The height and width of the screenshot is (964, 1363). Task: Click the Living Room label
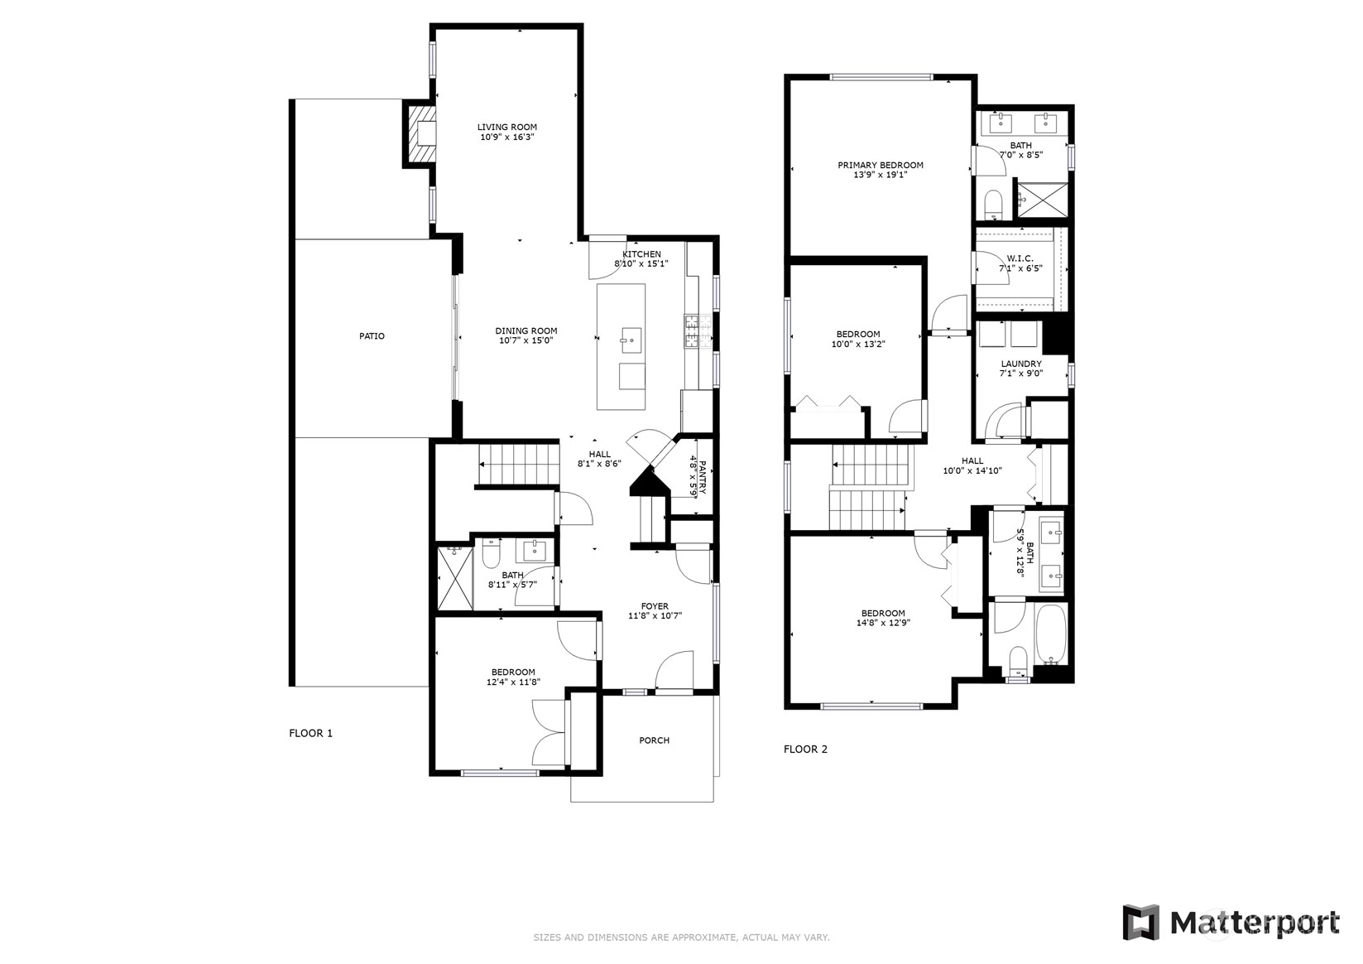point(506,128)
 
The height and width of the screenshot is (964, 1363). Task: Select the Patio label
point(372,336)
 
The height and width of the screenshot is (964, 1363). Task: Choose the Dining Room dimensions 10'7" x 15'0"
point(526,341)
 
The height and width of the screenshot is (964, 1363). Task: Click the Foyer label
point(655,606)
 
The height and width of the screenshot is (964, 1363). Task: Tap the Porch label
point(654,740)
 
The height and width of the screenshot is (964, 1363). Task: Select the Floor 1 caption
point(311,733)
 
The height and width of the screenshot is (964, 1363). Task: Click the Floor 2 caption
point(805,749)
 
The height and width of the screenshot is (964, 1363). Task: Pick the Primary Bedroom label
point(881,165)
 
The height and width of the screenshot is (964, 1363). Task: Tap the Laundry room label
point(1021,364)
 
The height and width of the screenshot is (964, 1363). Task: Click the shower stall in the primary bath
point(1044,199)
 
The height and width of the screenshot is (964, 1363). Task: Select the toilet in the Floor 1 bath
point(491,553)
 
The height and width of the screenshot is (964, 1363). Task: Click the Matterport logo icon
point(1140,923)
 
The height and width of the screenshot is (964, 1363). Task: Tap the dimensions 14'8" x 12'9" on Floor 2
point(883,623)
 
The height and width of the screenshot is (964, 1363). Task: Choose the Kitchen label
point(641,254)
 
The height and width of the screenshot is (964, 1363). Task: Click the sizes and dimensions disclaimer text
point(682,937)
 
